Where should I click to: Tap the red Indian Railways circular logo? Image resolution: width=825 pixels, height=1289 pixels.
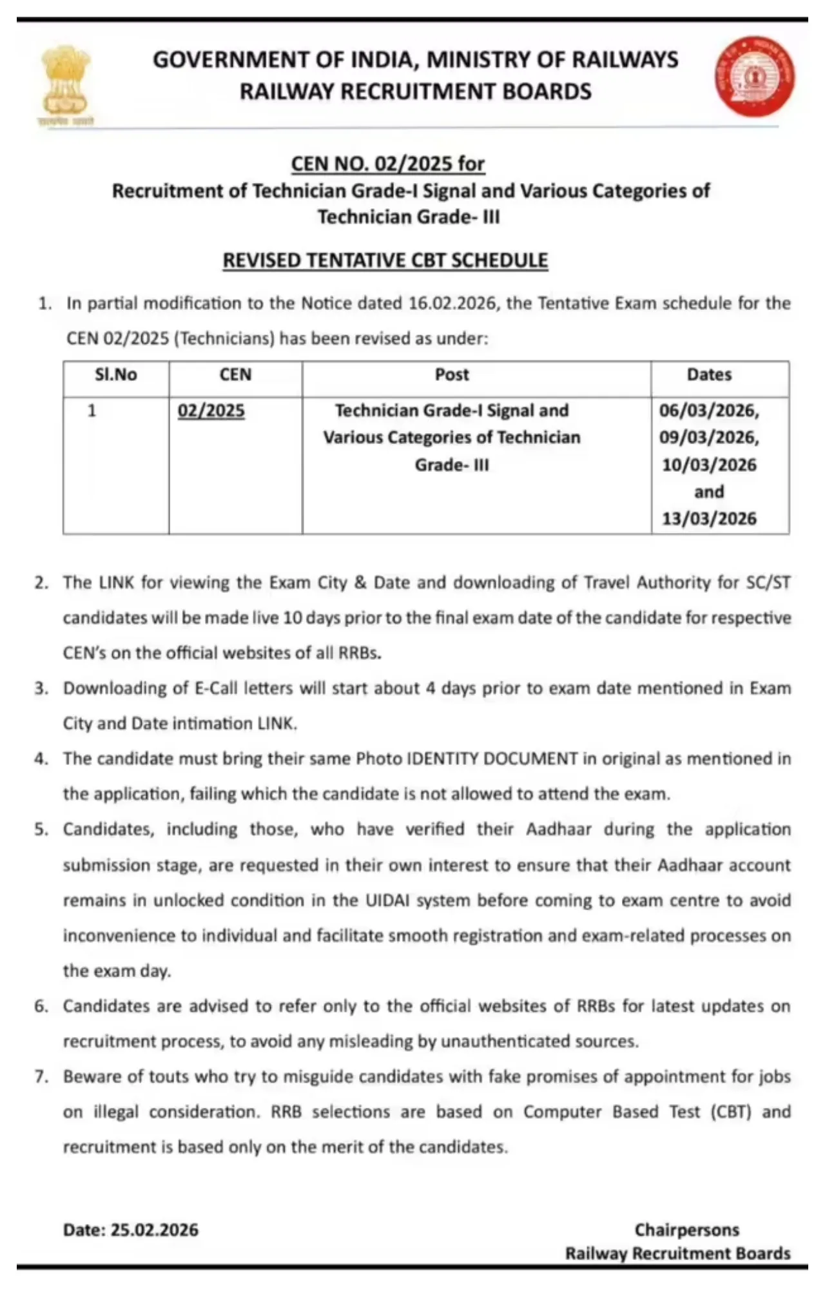tap(754, 76)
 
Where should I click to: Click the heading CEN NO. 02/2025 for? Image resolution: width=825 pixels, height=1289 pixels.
tap(387, 164)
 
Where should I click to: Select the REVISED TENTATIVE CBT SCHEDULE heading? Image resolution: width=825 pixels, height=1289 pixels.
tap(385, 260)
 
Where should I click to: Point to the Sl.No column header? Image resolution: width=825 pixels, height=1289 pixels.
tap(116, 375)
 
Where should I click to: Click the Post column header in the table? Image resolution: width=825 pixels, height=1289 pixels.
tap(452, 375)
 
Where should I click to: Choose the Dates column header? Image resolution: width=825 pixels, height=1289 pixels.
tap(709, 375)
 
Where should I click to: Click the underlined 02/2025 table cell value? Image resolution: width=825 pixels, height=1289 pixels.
tap(211, 411)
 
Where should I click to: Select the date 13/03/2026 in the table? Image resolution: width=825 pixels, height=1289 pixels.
tap(709, 519)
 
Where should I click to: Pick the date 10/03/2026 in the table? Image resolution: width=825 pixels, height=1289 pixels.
tap(709, 465)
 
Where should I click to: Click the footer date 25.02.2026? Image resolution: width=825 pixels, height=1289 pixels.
tap(155, 1230)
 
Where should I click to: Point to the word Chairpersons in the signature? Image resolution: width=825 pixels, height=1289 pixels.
tap(687, 1230)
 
